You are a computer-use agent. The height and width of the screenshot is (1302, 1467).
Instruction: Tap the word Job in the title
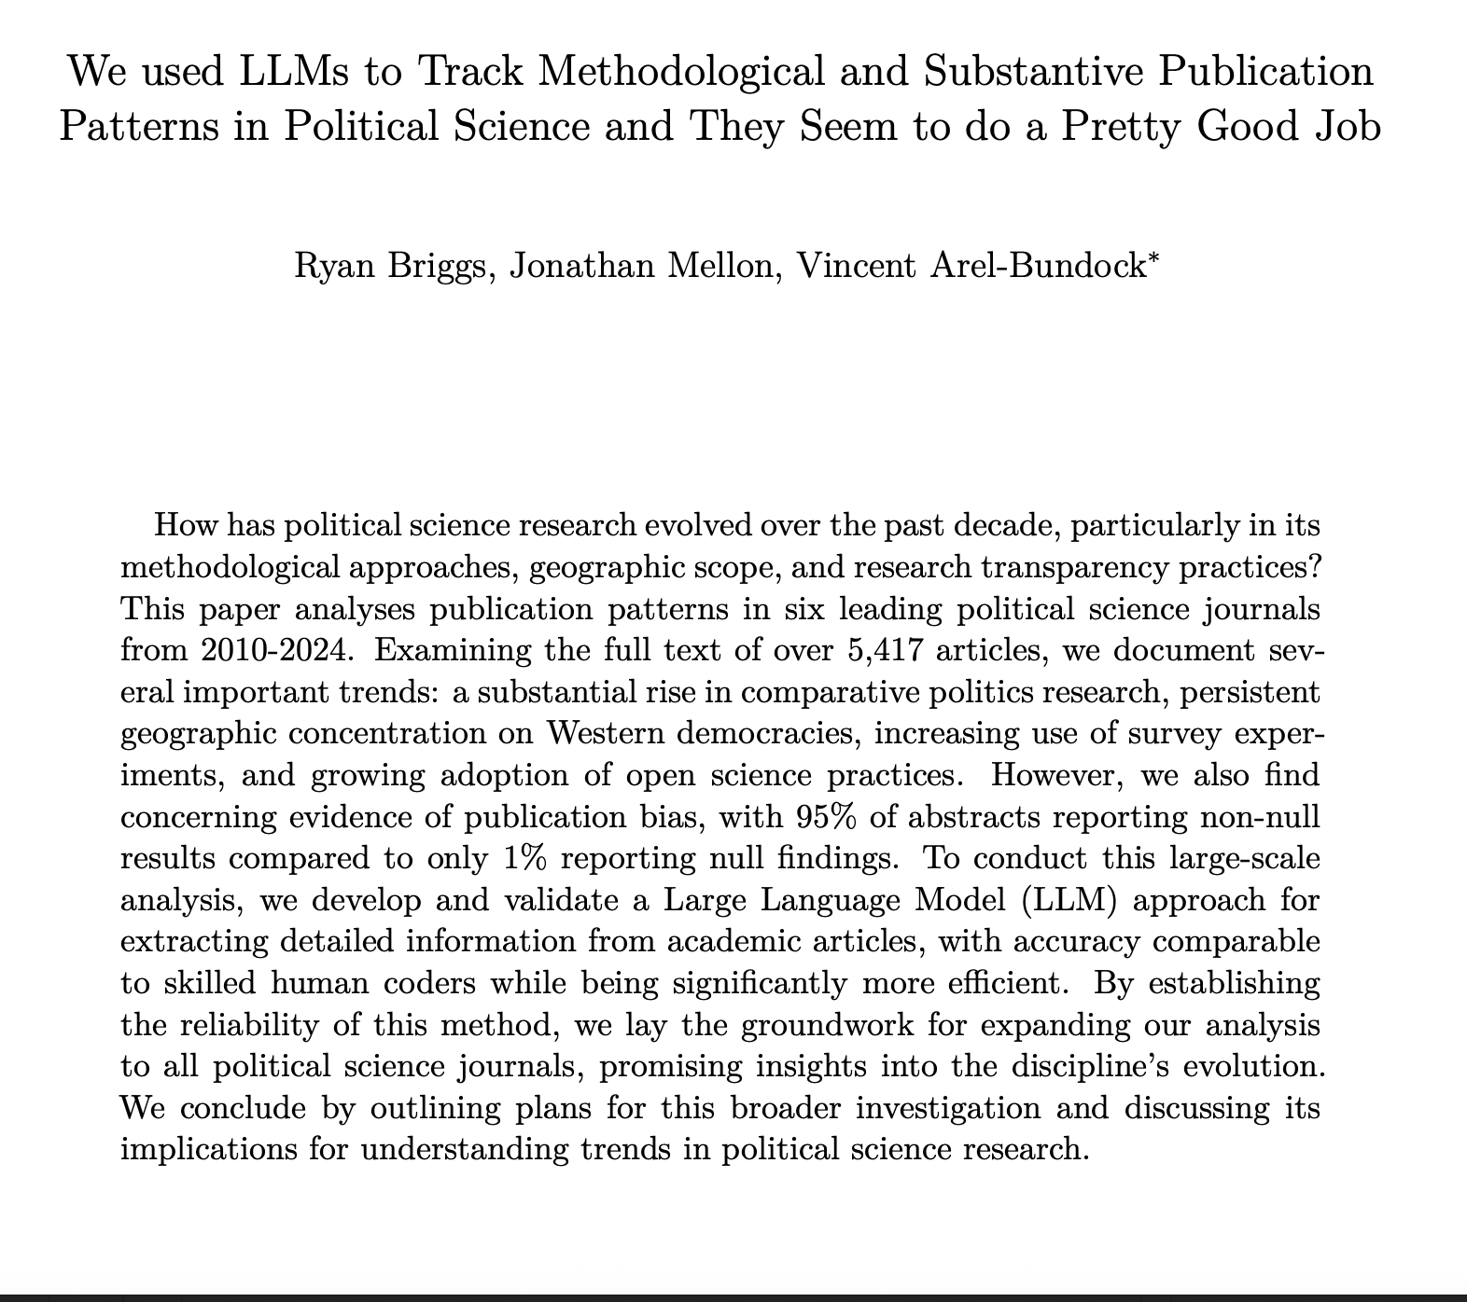coord(1344,124)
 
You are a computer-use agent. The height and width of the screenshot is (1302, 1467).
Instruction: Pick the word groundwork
coord(804,1025)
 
